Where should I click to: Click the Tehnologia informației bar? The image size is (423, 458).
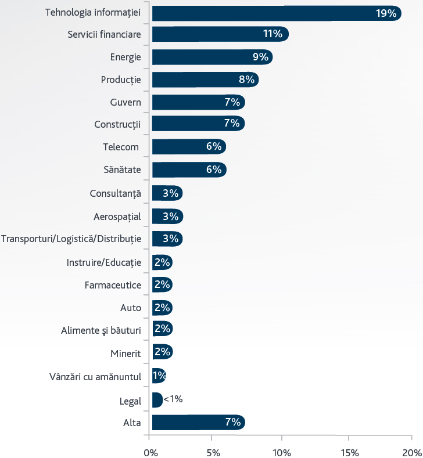pos(277,13)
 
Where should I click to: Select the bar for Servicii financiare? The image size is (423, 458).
pos(220,34)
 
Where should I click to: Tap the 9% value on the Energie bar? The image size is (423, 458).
pos(260,57)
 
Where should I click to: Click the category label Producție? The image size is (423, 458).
pos(121,80)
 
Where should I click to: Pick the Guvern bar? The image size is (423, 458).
pos(199,102)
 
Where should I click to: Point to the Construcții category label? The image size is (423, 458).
pos(117,124)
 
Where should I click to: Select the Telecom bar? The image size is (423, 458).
pos(189,146)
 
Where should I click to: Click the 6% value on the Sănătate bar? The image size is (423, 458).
pos(214,170)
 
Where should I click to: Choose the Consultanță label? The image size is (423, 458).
pos(115,193)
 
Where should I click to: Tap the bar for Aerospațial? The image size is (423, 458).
pos(168,217)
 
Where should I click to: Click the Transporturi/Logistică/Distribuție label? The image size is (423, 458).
pos(71,239)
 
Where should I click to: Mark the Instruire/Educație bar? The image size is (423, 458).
pos(162,262)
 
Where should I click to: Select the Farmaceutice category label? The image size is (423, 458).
pos(113,285)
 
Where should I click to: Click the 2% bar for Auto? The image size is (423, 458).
pos(162,308)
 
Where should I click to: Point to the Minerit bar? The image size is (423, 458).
pos(163,352)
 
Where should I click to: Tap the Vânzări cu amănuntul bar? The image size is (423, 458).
pos(159,376)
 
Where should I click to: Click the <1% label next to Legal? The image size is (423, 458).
pos(173,399)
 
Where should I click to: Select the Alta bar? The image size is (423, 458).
pos(199,422)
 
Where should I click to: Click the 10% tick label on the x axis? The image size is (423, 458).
pos(282,453)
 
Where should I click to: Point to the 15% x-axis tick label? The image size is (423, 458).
pos(350,453)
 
